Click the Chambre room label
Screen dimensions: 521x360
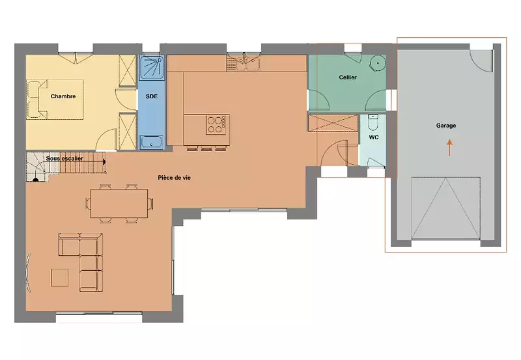click(63, 96)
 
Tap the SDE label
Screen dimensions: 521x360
click(152, 96)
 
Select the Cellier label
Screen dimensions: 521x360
click(348, 77)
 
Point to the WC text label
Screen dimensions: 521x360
click(374, 137)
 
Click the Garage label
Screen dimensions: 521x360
click(446, 126)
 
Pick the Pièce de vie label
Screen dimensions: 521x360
click(174, 178)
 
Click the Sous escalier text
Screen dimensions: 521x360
click(64, 158)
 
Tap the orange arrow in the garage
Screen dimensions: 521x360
click(449, 148)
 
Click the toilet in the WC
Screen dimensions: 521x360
click(373, 122)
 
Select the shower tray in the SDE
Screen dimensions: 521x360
click(152, 68)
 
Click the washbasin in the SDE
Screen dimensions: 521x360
click(152, 142)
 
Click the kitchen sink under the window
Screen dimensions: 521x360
click(244, 63)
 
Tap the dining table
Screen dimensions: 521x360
click(119, 203)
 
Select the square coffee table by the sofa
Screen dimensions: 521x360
click(59, 277)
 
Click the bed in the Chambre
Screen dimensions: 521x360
click(55, 100)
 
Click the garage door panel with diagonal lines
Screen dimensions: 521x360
click(445, 208)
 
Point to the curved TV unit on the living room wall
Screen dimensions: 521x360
click(29, 273)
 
